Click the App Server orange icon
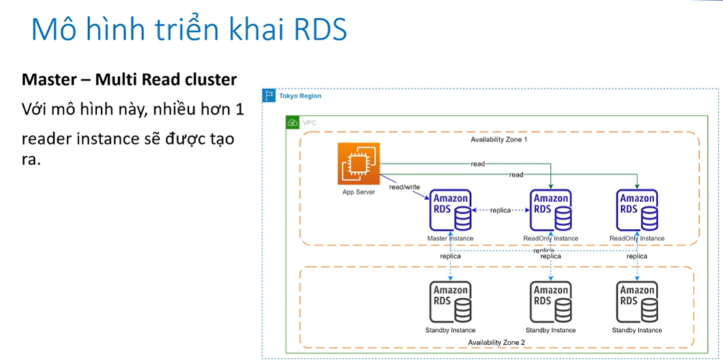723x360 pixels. click(358, 163)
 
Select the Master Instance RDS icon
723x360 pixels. click(450, 211)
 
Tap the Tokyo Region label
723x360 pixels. click(299, 96)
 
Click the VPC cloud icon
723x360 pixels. click(292, 123)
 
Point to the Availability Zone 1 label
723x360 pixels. click(499, 139)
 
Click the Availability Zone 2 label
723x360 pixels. click(496, 342)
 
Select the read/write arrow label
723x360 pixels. click(405, 186)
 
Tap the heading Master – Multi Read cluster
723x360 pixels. click(129, 80)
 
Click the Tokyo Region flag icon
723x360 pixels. click(269, 96)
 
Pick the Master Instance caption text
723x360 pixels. click(450, 238)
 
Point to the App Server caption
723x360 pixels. click(359, 193)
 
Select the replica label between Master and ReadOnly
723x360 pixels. click(500, 210)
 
